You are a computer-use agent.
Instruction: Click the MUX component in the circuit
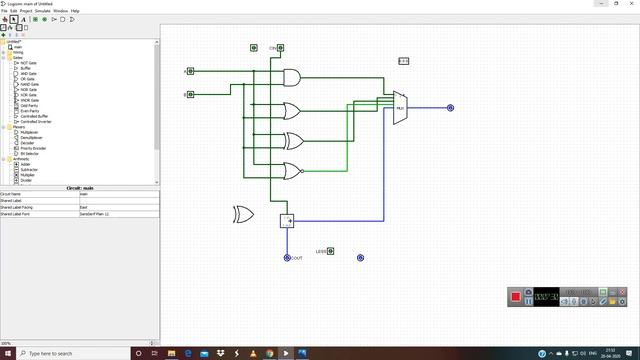coord(399,108)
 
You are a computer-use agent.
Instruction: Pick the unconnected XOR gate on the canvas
coord(243,214)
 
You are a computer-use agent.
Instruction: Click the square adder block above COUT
coord(287,221)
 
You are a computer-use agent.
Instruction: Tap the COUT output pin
coord(287,258)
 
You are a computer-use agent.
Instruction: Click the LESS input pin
coord(331,251)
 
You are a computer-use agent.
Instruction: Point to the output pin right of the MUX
coord(451,108)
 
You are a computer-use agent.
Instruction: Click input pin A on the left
coord(191,71)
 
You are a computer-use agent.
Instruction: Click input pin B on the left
coord(191,94)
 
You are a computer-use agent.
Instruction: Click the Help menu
coord(75,11)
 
